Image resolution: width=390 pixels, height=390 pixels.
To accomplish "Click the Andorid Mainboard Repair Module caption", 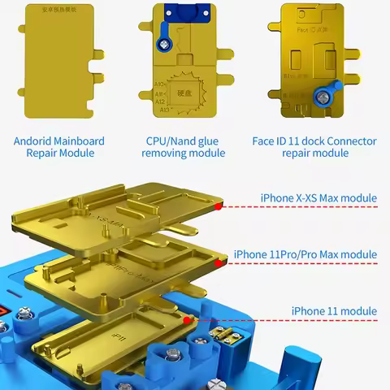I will [59, 146].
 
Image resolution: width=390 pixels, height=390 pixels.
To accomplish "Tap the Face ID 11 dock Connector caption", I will [314, 146].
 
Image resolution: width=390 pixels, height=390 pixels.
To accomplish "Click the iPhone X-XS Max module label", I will [318, 197].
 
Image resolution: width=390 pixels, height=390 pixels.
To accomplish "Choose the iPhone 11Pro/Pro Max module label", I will [305, 254].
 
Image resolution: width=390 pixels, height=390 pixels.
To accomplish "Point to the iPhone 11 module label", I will [334, 311].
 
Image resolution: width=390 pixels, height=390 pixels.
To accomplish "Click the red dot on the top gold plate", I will [218, 206].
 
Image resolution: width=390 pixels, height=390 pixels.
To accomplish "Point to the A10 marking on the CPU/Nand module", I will [160, 84].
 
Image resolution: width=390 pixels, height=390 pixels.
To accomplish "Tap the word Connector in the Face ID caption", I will [349, 141].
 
